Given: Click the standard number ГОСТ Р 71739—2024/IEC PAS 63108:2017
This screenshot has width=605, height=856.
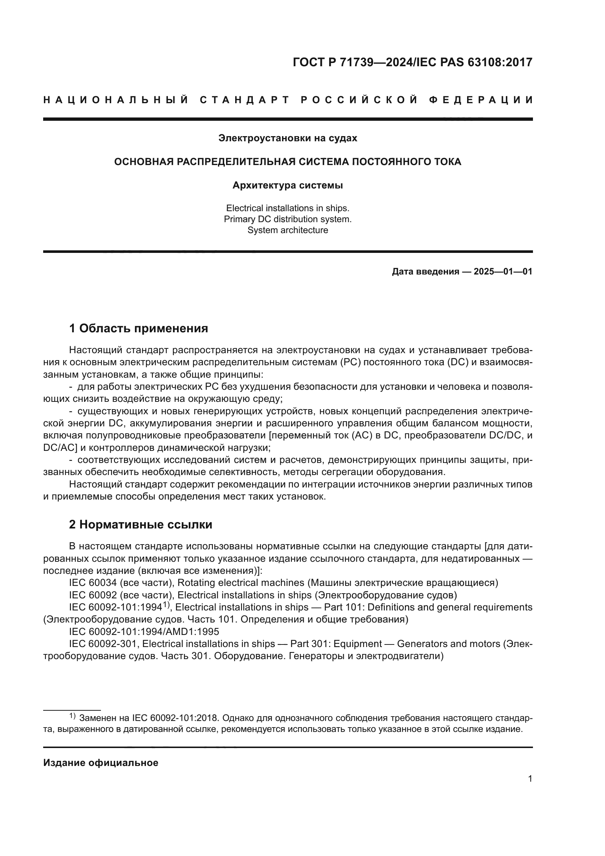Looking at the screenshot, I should [412, 62].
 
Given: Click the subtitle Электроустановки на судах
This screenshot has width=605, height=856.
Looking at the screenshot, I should [288, 138].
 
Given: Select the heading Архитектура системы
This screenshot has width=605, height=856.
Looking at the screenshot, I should [288, 185].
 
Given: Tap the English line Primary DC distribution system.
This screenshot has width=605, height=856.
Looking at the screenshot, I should [288, 219].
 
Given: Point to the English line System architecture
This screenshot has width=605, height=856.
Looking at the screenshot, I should [288, 230].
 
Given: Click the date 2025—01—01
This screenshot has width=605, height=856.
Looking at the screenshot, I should [503, 272].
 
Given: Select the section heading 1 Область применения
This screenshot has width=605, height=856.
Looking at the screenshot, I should [138, 328].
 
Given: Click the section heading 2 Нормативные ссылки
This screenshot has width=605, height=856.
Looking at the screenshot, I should [140, 524].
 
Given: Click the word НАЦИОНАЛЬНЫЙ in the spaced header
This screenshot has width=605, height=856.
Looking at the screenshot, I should [116, 100].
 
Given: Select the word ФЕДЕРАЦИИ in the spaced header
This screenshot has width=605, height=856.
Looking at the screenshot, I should [481, 100].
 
